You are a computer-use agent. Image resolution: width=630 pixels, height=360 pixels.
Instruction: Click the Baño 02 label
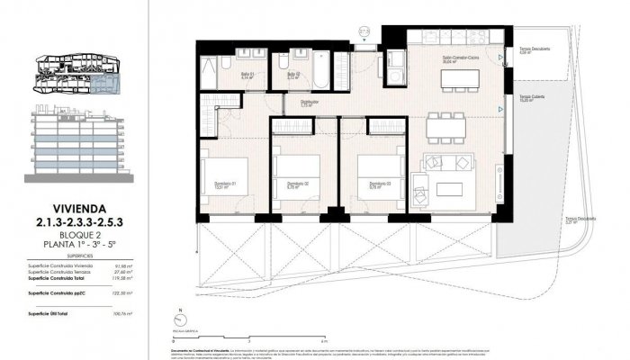(294, 75)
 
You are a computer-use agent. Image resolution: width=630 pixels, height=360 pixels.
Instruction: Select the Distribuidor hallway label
(308, 103)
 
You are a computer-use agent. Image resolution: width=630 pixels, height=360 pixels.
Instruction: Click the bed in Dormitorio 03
(376, 167)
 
